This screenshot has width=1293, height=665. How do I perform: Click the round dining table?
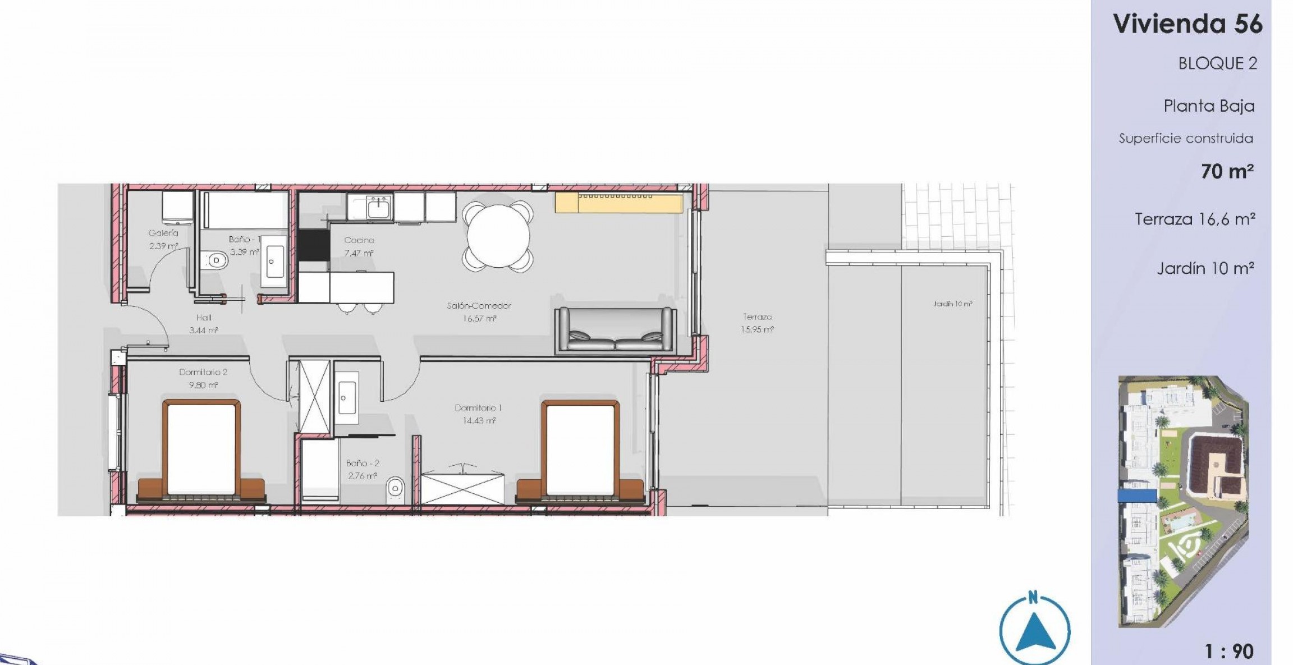[x=498, y=236]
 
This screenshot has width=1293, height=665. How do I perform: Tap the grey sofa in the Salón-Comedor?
[x=616, y=331]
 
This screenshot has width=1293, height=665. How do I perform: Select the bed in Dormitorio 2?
[x=201, y=449]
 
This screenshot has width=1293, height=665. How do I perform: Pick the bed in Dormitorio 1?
[x=580, y=449]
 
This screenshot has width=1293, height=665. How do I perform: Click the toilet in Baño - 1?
[x=215, y=260]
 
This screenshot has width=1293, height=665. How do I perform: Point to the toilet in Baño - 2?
[x=396, y=489]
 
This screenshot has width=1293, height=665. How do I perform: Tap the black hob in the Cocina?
[x=313, y=245]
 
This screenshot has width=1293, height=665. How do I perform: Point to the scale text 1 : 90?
[x=1229, y=652]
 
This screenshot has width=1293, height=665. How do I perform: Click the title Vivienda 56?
[x=1187, y=24]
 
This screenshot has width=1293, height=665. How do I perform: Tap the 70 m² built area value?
[x=1227, y=171]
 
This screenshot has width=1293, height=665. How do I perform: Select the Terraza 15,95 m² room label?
[x=757, y=324]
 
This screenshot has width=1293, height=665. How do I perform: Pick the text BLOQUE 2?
[x=1217, y=63]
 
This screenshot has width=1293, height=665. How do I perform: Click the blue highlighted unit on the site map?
[x=1137, y=496]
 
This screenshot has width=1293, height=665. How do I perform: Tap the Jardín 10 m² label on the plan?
[x=953, y=304]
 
